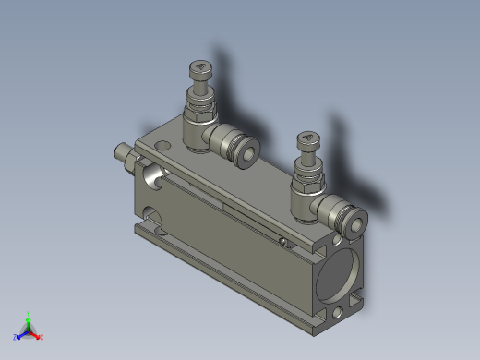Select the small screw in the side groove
click(282, 241)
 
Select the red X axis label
click(42, 337)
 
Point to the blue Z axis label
click(16, 337)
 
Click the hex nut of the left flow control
click(198, 115)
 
